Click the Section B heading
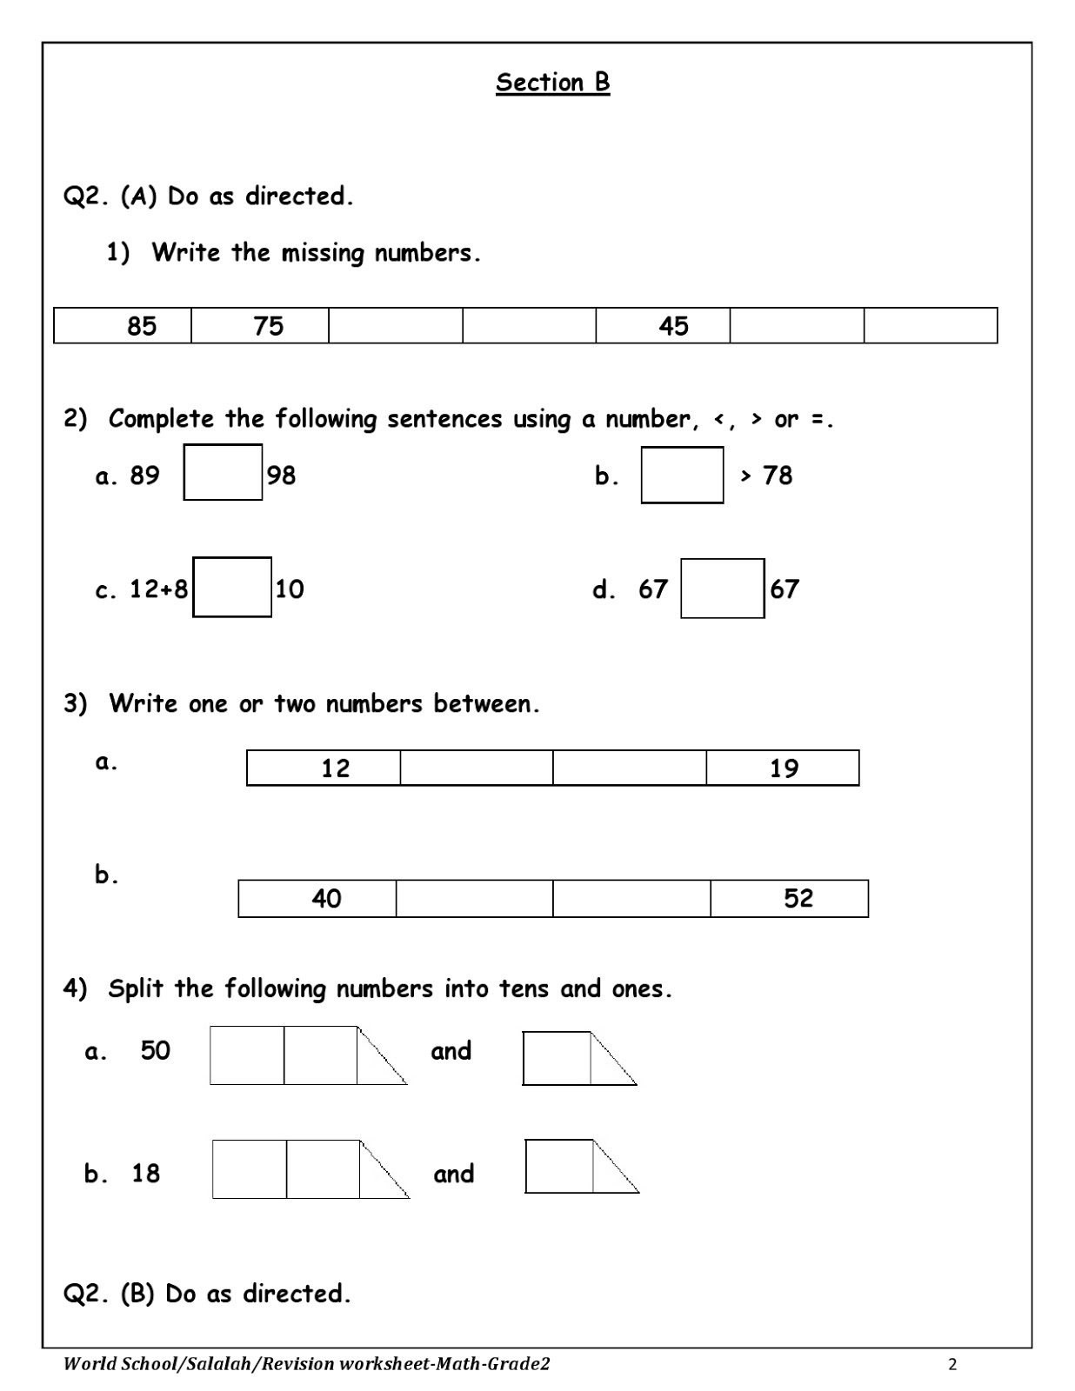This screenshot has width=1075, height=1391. (x=552, y=83)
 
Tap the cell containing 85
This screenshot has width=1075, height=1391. (x=123, y=325)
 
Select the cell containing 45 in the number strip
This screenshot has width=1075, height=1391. (x=663, y=325)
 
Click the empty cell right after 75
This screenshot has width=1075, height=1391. (x=395, y=325)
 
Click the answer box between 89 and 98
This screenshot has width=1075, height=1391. (x=223, y=472)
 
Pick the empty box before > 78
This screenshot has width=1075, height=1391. (x=682, y=475)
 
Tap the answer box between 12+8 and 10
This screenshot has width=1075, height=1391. (x=232, y=587)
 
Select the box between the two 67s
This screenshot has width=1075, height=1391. (x=722, y=589)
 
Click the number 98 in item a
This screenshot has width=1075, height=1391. (x=281, y=476)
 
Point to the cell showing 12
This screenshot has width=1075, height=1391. (x=324, y=768)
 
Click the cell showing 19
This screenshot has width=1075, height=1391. (x=782, y=768)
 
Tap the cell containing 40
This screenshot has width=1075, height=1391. (x=317, y=898)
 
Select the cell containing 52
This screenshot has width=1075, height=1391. (x=789, y=898)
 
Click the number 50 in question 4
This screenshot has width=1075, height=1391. (x=155, y=1050)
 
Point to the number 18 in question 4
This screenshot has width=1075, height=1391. (x=145, y=1174)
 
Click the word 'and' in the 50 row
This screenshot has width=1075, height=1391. (x=451, y=1051)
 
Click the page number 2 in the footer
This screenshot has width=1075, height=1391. (x=952, y=1364)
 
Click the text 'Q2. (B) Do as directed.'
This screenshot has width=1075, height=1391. (x=207, y=1294)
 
